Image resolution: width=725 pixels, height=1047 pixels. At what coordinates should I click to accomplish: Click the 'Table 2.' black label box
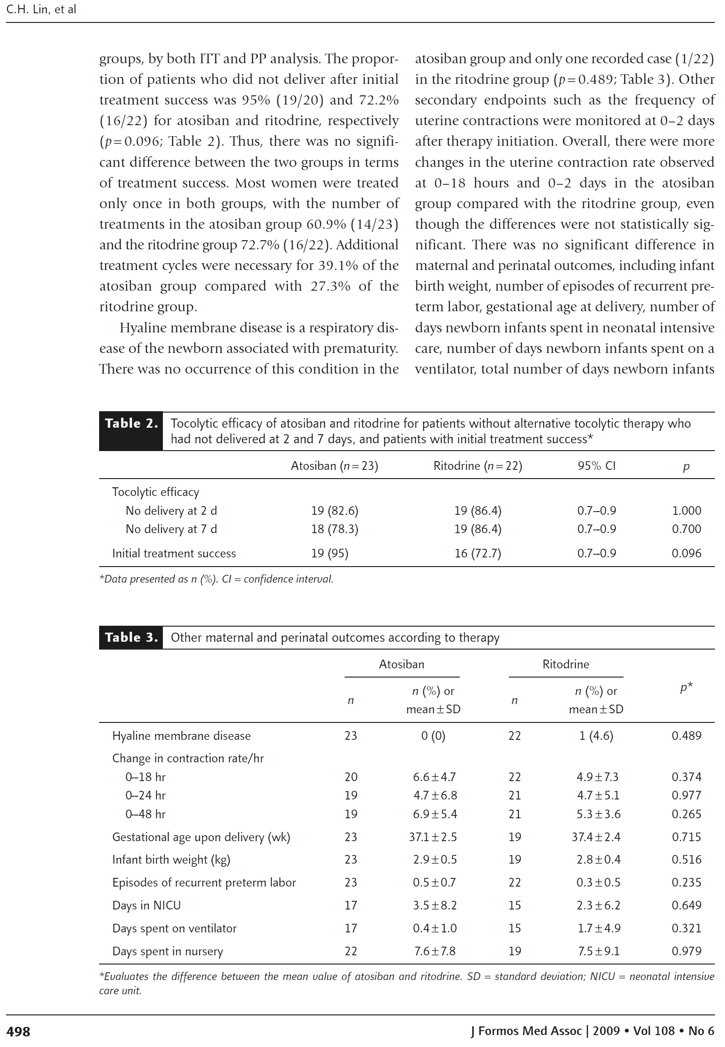pos(131,431)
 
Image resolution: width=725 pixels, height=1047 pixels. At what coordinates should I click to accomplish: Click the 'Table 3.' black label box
pos(131,637)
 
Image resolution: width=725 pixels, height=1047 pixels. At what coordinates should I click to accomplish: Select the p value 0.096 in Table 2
pos(686,553)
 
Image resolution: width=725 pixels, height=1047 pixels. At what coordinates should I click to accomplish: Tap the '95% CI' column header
pos(596,466)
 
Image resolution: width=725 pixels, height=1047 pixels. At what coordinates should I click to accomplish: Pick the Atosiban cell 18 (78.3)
pos(335,529)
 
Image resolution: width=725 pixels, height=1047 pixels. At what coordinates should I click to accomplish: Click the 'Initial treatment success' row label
pos(174,553)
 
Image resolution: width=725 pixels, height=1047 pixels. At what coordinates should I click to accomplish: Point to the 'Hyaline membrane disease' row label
pos(181,736)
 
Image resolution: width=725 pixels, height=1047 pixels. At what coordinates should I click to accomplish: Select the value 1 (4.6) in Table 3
pos(596,736)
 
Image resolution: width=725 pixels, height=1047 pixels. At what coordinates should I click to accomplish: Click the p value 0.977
pos(686,795)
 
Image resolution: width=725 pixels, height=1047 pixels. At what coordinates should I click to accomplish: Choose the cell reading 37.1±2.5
pos(433,837)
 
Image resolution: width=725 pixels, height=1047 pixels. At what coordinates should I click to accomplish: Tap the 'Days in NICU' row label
pos(146,905)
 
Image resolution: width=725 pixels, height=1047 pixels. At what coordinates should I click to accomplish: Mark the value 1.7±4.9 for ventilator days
pos(598,928)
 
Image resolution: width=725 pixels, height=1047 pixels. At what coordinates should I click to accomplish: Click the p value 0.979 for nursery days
pos(686,951)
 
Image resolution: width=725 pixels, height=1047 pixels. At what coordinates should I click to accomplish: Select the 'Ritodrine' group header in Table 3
pos(565,664)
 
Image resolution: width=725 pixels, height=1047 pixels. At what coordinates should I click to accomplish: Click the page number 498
pos(18,1031)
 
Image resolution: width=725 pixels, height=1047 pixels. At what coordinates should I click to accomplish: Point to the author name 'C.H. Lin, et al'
pos(41,9)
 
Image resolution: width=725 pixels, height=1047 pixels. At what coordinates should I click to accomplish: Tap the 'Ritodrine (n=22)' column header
pos(478,466)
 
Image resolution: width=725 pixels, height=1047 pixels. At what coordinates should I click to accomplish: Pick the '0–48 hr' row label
pos(145,814)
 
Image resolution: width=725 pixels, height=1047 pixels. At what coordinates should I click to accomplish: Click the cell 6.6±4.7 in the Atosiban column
pos(434,777)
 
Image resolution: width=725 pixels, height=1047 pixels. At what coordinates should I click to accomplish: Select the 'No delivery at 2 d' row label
pos(171,511)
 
